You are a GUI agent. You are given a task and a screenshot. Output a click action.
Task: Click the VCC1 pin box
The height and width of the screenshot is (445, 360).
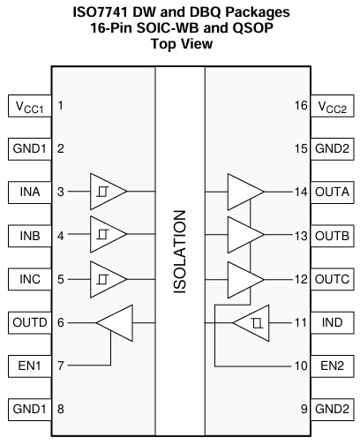tap(30, 106)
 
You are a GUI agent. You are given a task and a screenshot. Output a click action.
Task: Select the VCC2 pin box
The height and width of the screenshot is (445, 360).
tap(332, 106)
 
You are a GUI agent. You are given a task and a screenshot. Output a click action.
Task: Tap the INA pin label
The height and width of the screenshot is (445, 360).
tap(30, 192)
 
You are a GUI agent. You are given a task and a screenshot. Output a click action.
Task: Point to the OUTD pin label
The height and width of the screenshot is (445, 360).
tap(30, 322)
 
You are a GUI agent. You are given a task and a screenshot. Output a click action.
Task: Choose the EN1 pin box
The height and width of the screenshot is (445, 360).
tap(30, 366)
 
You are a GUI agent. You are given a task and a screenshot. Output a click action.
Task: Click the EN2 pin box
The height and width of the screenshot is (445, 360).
tap(332, 366)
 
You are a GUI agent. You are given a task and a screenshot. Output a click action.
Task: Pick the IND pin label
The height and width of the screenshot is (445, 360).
tap(332, 322)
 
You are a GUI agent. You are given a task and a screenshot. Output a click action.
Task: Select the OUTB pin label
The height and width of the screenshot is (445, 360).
tap(332, 236)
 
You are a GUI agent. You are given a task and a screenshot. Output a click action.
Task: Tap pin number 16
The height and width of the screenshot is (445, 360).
tap(301, 105)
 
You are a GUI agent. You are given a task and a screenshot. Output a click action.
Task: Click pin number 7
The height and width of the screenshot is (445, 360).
tap(61, 366)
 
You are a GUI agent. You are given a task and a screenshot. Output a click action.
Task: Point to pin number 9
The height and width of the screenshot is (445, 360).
tap(304, 409)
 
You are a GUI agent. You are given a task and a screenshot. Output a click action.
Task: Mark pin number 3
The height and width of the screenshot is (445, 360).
tap(61, 192)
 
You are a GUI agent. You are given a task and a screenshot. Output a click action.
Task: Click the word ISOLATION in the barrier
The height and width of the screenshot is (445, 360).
tap(180, 252)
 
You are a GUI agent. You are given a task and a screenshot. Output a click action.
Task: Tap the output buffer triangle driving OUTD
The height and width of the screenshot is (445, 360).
tap(115, 323)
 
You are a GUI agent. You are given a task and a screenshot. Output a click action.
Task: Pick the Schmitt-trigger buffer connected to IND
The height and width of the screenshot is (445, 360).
tap(251, 323)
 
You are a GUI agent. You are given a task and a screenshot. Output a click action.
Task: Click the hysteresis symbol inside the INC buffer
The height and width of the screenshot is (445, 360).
tap(103, 279)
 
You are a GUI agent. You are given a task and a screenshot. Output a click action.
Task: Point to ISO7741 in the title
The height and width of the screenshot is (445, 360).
tap(101, 12)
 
